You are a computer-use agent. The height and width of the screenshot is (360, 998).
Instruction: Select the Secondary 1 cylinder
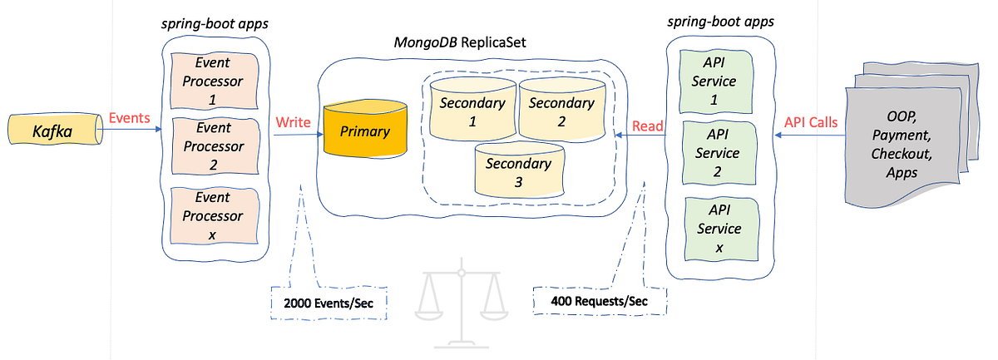point(472,111)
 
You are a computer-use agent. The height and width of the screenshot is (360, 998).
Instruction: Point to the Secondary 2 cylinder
point(561,111)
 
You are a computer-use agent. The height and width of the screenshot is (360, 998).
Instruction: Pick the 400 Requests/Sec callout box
point(599,300)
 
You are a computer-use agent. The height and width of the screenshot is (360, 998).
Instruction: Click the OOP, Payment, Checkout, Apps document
point(902,145)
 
